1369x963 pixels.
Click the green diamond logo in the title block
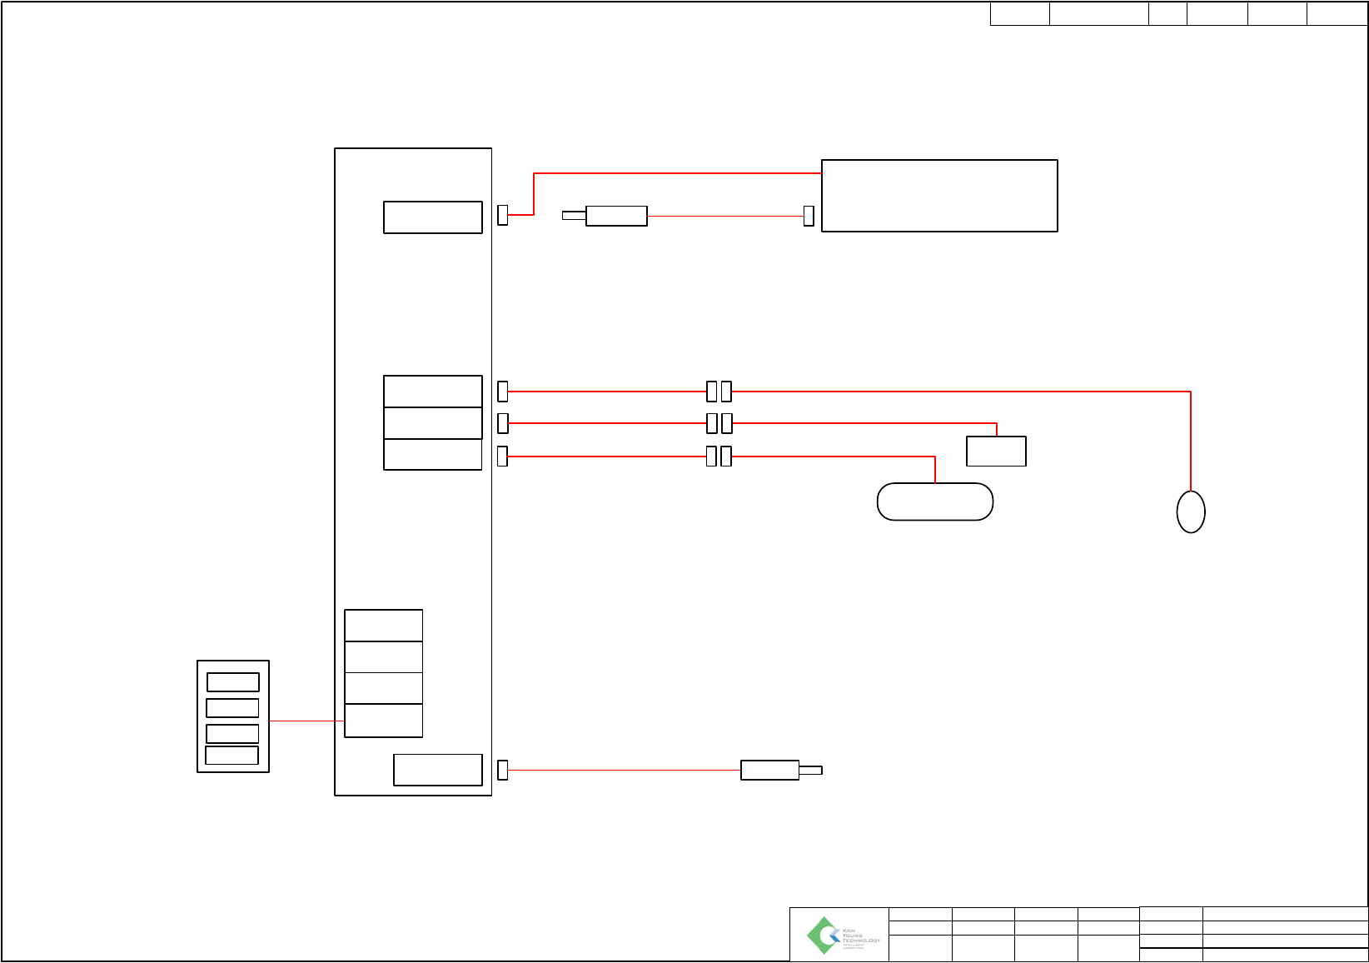tap(823, 936)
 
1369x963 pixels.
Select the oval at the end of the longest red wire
tap(1191, 511)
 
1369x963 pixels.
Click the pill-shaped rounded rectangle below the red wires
tap(935, 501)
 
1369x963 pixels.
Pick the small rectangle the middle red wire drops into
tap(996, 451)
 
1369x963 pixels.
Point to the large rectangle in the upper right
tap(939, 196)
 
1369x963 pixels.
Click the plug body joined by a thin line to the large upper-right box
tap(616, 216)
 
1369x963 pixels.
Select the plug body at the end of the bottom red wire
tap(769, 770)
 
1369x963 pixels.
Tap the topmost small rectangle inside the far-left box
tap(233, 682)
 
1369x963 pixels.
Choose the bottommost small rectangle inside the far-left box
tap(232, 756)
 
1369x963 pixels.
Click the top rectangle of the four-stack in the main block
tap(384, 626)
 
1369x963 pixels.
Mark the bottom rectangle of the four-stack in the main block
tap(384, 721)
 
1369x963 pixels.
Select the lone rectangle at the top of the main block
tap(433, 217)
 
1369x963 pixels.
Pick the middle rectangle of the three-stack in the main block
tap(433, 423)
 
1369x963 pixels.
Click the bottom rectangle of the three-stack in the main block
tap(433, 455)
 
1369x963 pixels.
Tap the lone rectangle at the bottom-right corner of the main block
tap(438, 770)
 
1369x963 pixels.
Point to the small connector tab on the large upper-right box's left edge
tap(809, 216)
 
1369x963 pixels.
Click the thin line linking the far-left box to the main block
tap(306, 721)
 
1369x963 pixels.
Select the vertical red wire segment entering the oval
tap(1191, 442)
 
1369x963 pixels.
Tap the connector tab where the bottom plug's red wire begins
tap(502, 770)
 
